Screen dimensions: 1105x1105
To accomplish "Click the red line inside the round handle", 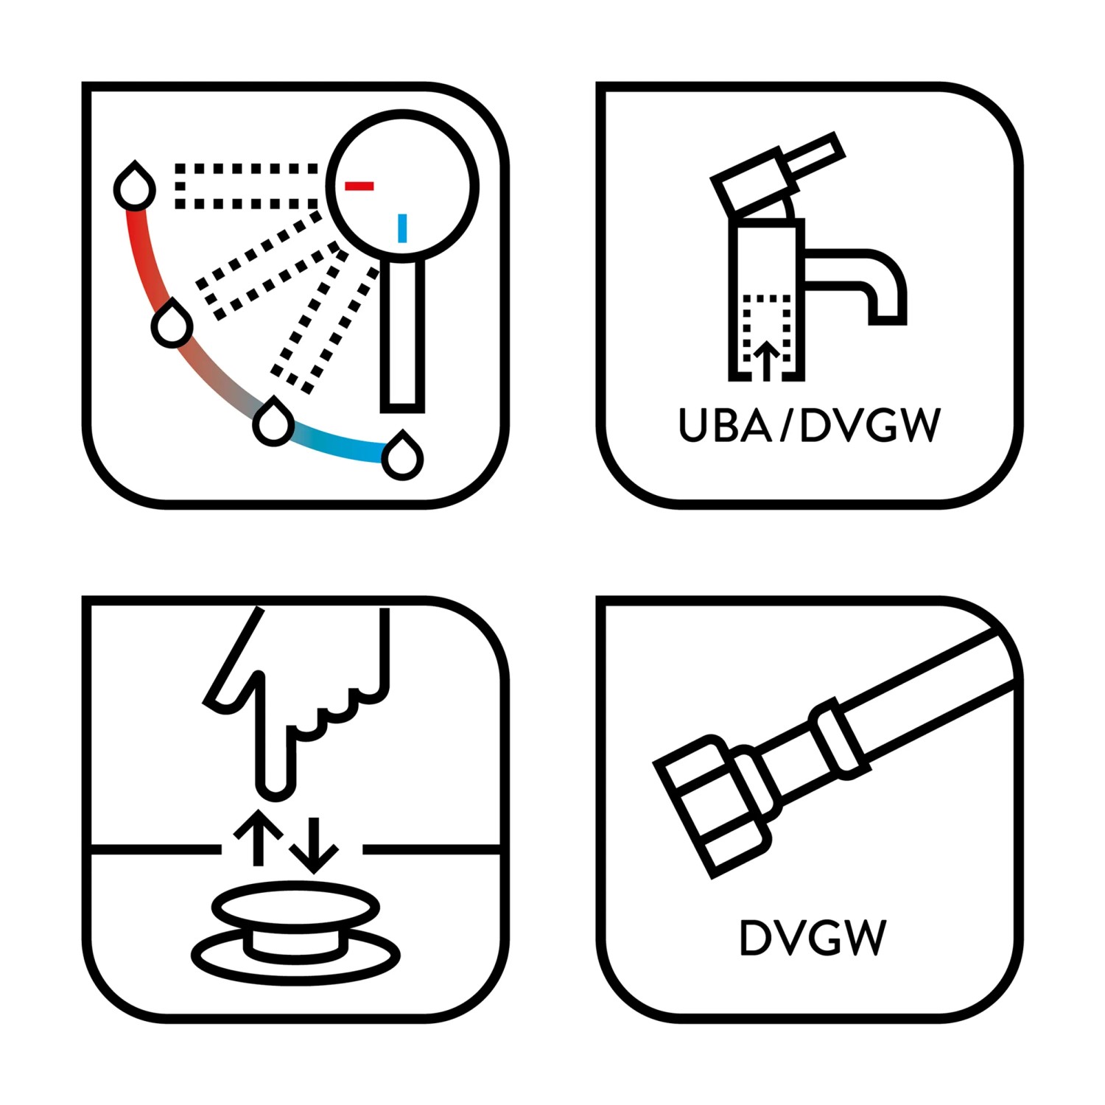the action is (359, 186).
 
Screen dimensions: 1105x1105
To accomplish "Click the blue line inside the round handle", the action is (402, 228).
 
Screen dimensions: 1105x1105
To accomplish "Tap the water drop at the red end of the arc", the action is (135, 186).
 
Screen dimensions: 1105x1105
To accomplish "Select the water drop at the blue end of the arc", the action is (402, 456).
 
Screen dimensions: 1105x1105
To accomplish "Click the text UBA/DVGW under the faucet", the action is (810, 425).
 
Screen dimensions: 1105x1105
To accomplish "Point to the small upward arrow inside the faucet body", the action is (767, 360).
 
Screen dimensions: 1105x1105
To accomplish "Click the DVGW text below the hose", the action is (812, 938).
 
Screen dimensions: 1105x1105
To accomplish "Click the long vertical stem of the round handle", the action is (403, 335).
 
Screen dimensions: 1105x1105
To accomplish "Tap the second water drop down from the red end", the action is (172, 323).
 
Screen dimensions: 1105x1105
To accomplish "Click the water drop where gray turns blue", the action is (273, 421).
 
